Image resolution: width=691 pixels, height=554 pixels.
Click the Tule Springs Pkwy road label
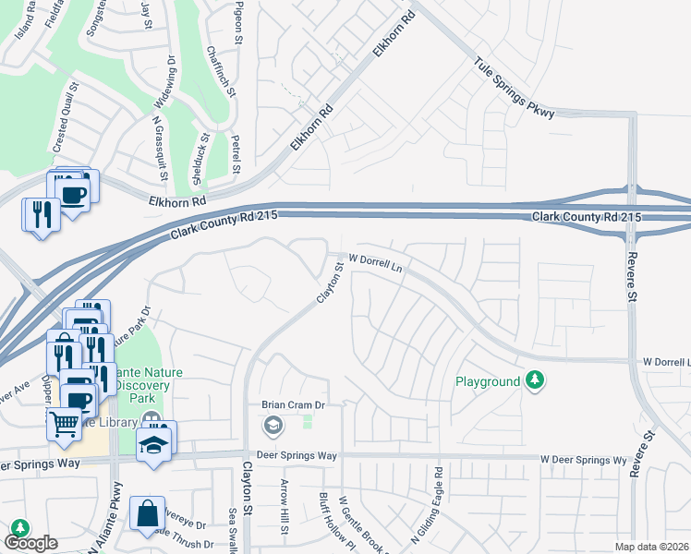tap(515, 89)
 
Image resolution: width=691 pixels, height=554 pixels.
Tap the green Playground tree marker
tap(533, 379)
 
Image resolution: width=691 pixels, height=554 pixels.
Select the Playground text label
tap(488, 381)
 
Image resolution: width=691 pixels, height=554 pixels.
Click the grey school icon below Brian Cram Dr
tap(273, 426)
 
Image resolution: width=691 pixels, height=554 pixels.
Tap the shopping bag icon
tap(147, 513)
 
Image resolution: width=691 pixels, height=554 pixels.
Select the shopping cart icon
tap(64, 423)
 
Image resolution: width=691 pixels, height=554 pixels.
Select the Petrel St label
tap(236, 153)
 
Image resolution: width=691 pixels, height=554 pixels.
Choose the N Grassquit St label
tap(159, 148)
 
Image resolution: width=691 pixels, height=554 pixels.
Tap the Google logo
tap(30, 543)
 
